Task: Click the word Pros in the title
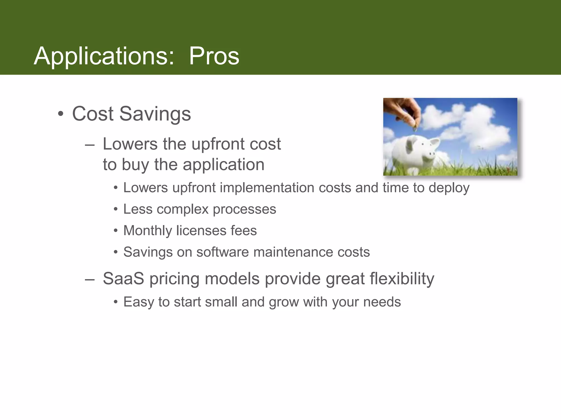tap(214, 56)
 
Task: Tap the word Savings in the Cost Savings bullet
tap(155, 114)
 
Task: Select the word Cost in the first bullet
tap(93, 114)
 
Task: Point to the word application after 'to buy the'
tap(223, 165)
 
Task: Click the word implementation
tap(267, 188)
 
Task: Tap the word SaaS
tap(123, 279)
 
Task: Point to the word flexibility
tap(402, 279)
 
